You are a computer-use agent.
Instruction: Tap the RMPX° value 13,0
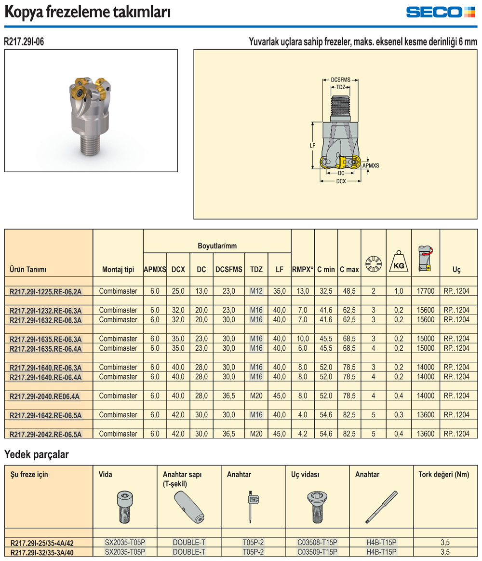click(x=303, y=291)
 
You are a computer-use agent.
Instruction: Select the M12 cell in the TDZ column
click(x=256, y=291)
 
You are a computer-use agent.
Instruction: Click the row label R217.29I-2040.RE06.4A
click(x=45, y=396)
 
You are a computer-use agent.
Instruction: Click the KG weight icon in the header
click(x=399, y=261)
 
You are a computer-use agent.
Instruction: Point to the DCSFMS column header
click(x=228, y=270)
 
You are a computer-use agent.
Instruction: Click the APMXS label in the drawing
click(x=371, y=165)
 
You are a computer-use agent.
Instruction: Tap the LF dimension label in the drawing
click(x=313, y=145)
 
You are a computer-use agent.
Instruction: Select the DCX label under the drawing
click(x=341, y=181)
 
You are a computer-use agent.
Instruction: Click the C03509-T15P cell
click(x=317, y=552)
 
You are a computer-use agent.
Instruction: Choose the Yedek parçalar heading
click(x=37, y=454)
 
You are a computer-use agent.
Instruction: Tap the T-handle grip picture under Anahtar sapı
click(x=188, y=506)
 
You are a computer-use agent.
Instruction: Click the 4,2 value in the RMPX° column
click(x=303, y=434)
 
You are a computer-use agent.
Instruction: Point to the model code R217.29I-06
click(x=24, y=42)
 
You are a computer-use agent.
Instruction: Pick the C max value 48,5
click(x=349, y=291)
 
